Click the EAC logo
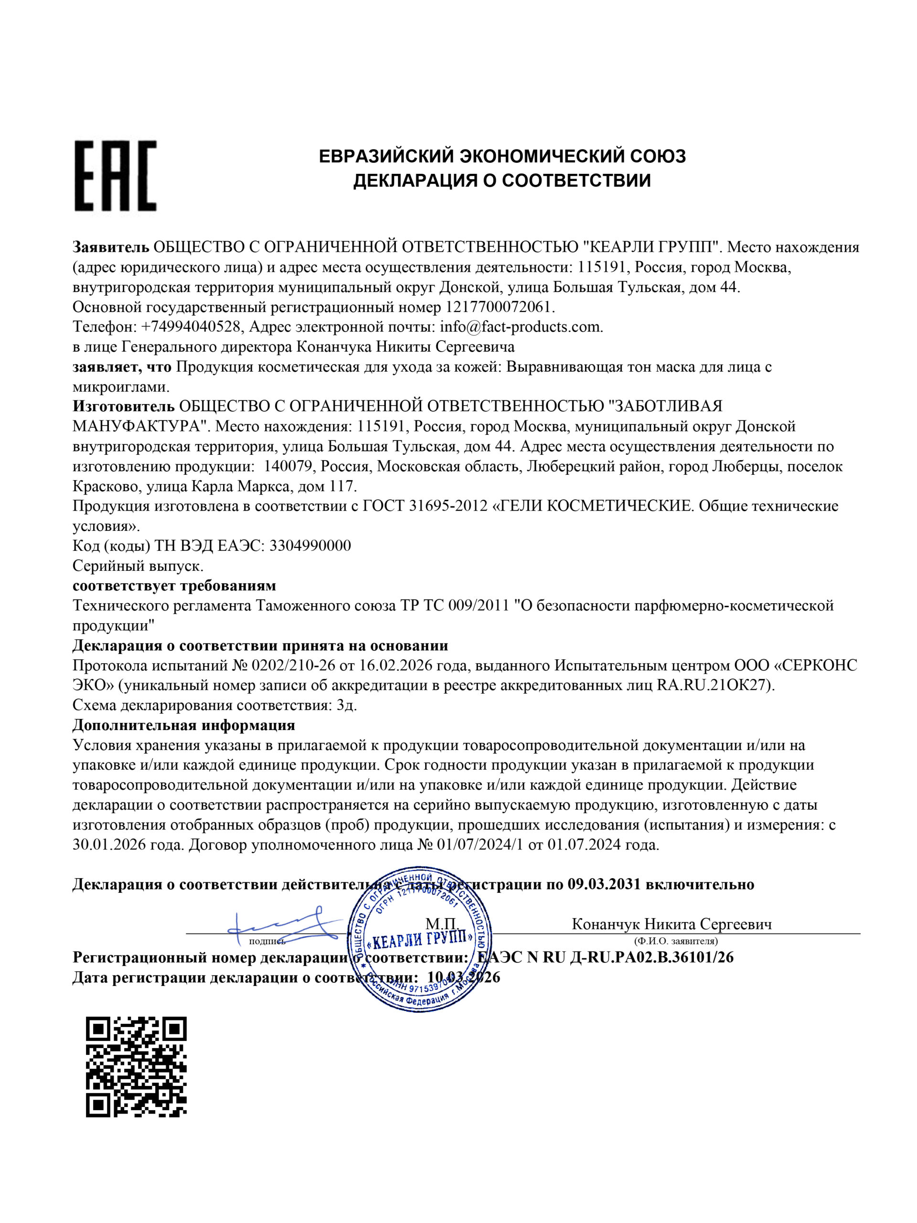pyautogui.click(x=116, y=175)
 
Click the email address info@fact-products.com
pyautogui.click(x=521, y=327)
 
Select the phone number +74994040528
pyautogui.click(x=192, y=327)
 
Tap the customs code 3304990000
pyautogui.click(x=309, y=546)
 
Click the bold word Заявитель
pyautogui.click(x=110, y=247)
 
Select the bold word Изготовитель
pyautogui.click(x=123, y=407)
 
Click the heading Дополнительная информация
pyautogui.click(x=183, y=725)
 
